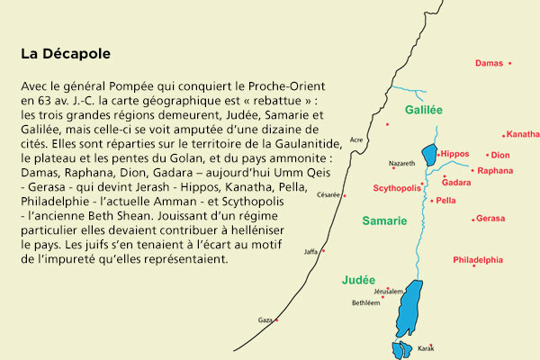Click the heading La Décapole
pos(66,54)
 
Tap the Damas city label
pos(489,64)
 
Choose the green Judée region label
pos(358,280)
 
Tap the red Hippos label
pos(456,154)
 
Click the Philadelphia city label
pos(478,260)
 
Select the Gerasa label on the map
pos(490,219)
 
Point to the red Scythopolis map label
pos(397,189)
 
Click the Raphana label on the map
pos(495,170)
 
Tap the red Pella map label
pos(445,201)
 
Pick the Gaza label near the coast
pos(265,320)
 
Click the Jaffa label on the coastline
pos(310,251)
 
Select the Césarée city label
pos(328,194)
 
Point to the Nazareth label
pos(402,164)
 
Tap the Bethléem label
pos(365,303)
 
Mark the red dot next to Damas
pos(509,63)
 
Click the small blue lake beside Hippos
pos(428,155)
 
